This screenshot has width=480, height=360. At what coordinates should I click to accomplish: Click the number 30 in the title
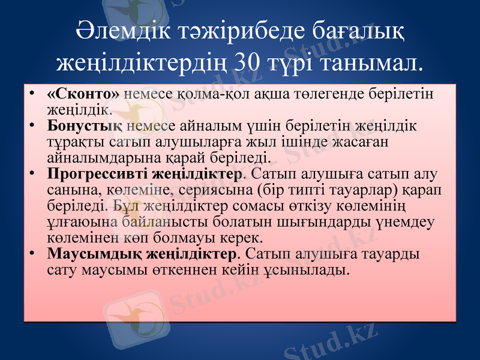pos(251,61)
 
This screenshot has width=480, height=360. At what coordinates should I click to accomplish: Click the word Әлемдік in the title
pos(118,31)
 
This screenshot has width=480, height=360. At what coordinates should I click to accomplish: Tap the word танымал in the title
pos(368,61)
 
